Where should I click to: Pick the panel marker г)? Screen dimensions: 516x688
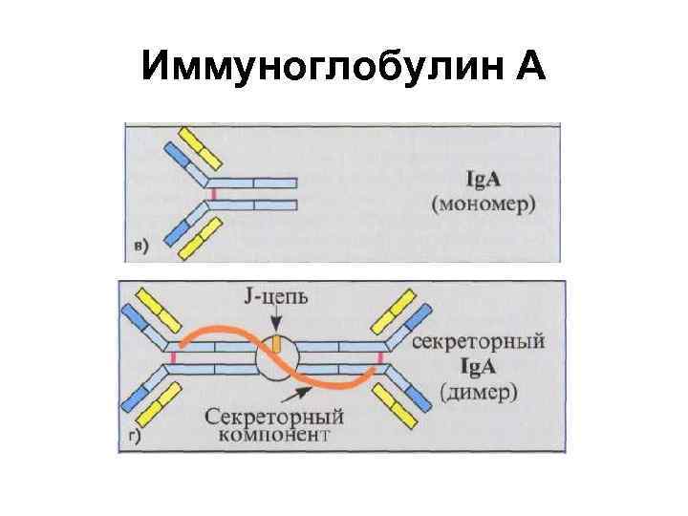pyautogui.click(x=133, y=441)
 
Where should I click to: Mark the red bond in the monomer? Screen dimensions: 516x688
pyautogui.click(x=214, y=193)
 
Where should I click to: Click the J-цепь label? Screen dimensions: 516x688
pyautogui.click(x=274, y=299)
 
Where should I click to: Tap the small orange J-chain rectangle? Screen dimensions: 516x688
pyautogui.click(x=275, y=342)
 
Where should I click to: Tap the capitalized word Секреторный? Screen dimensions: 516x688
pyautogui.click(x=273, y=417)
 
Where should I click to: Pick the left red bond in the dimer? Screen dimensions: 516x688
pyautogui.click(x=174, y=358)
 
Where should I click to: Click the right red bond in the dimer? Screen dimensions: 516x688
pyautogui.click(x=379, y=358)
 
